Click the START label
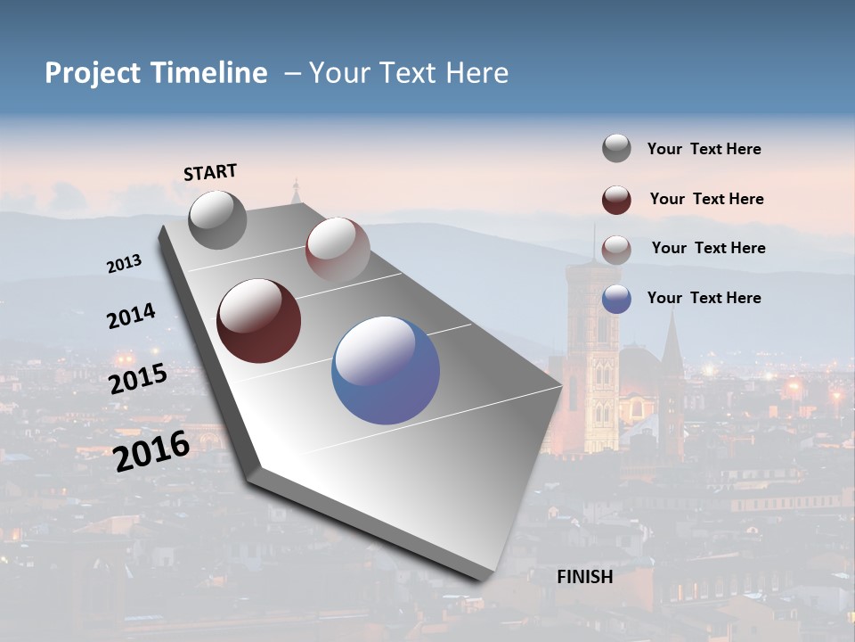(x=210, y=172)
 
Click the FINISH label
(x=584, y=577)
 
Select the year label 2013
(x=125, y=264)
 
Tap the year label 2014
(x=131, y=316)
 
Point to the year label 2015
(x=138, y=379)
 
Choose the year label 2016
(x=151, y=450)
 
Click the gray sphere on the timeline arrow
(x=218, y=220)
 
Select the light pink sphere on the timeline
(x=338, y=249)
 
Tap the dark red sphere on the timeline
(x=258, y=321)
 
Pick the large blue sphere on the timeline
(x=386, y=370)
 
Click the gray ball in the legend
(x=616, y=149)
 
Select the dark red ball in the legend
(x=616, y=200)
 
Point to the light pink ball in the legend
(x=616, y=249)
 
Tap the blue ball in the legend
(x=616, y=299)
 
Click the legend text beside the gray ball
(x=704, y=149)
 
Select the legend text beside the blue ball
(x=704, y=298)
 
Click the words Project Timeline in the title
(x=156, y=73)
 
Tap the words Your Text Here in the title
(x=408, y=73)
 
